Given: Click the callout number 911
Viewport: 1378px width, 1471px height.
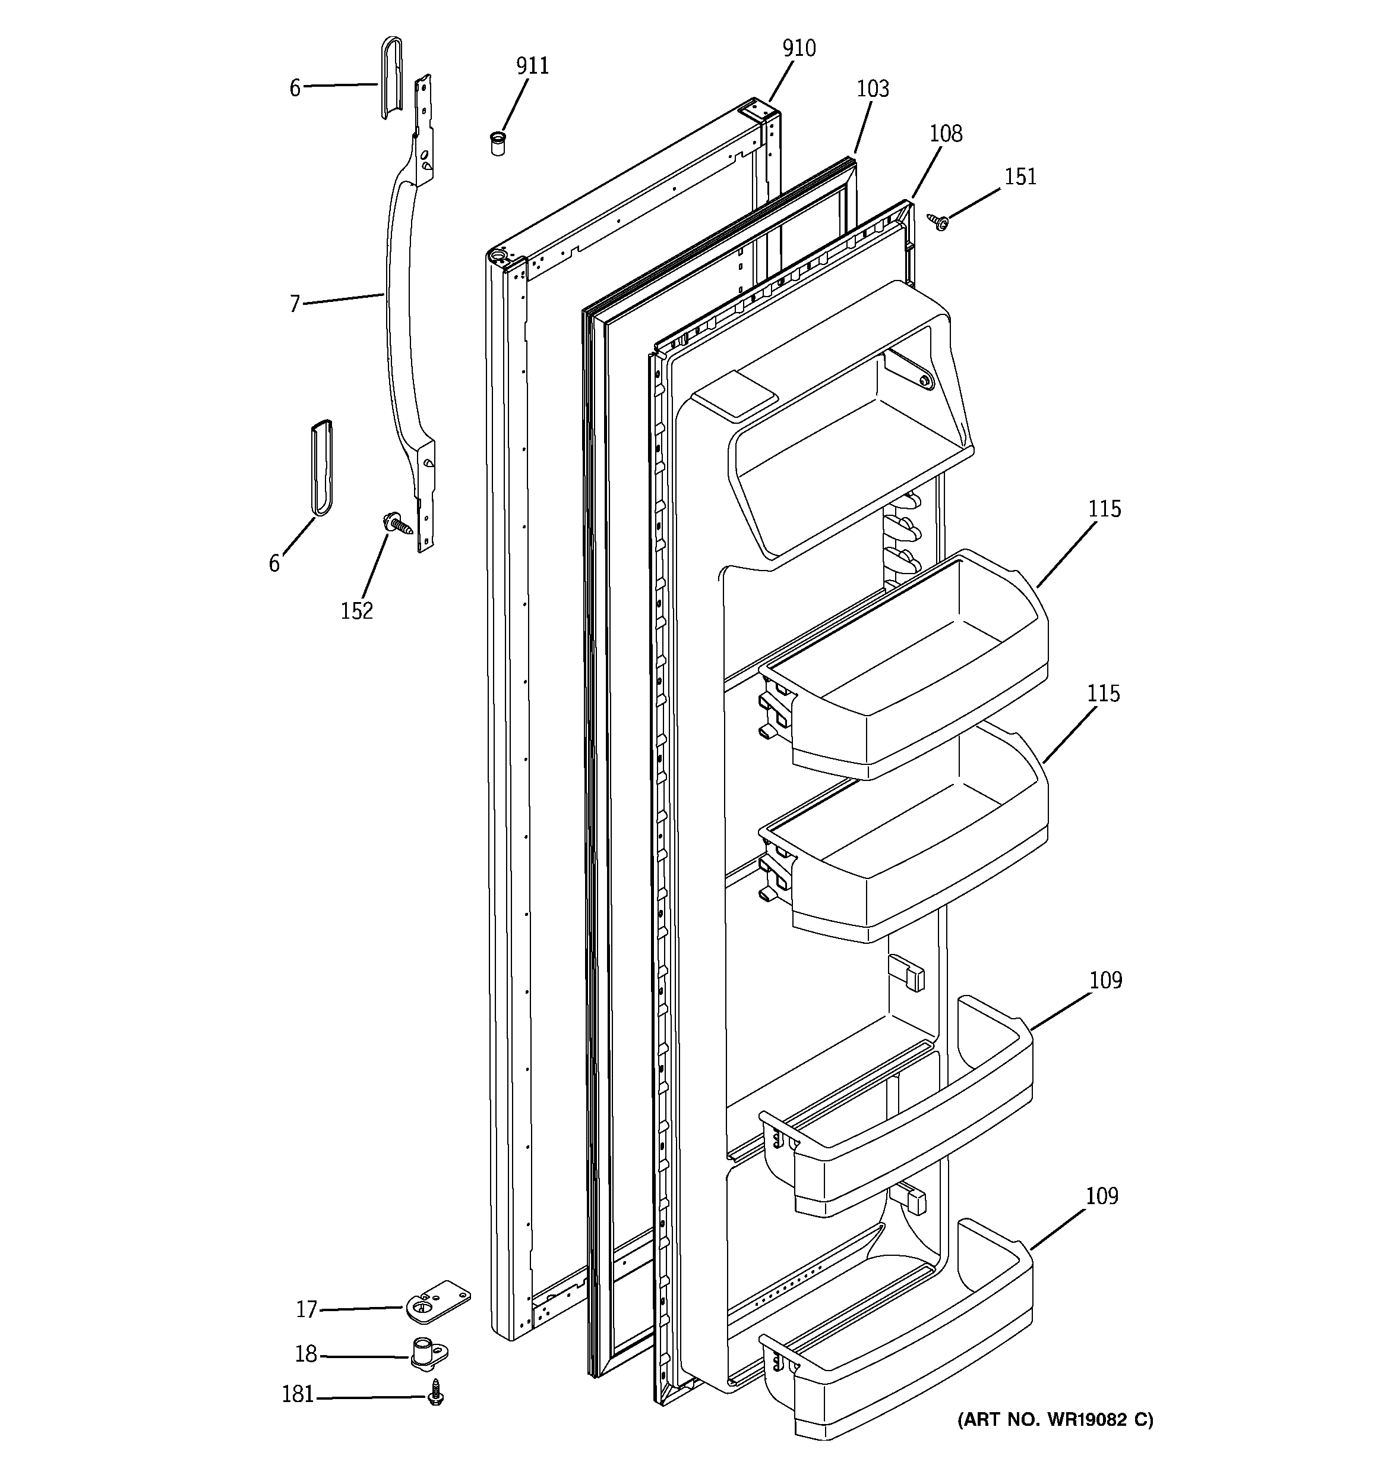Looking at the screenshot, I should pos(532,67).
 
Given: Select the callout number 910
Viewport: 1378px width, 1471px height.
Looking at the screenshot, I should pos(799,49).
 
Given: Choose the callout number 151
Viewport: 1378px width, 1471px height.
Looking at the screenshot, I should pos(1020,177).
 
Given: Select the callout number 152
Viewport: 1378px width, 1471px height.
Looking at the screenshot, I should pos(356,611).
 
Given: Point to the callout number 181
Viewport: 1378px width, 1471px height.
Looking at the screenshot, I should pos(298,1395).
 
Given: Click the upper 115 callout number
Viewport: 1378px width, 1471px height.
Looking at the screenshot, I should pos(1104,509).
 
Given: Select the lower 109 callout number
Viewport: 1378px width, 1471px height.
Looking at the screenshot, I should pos(1101,1196).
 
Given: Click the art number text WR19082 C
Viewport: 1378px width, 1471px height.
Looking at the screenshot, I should pos(1055,1419).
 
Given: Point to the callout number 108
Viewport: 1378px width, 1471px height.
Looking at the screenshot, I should pos(945,134).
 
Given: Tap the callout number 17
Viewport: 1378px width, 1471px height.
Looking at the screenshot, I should pos(306,1311).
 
